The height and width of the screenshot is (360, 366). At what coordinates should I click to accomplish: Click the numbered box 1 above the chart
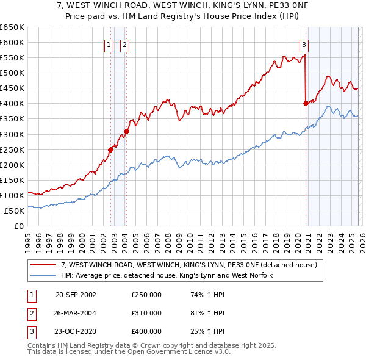(x=109, y=44)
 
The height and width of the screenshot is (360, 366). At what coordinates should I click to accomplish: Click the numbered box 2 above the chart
(x=124, y=44)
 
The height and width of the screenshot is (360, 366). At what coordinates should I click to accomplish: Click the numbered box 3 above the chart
(x=303, y=44)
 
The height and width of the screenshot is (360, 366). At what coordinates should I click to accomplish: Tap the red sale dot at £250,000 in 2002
(x=110, y=149)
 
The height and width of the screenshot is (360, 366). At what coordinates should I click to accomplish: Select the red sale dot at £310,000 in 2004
(x=126, y=131)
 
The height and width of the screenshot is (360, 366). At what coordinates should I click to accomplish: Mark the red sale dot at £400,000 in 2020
(x=306, y=103)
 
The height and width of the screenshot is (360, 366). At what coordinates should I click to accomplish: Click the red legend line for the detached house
(x=44, y=265)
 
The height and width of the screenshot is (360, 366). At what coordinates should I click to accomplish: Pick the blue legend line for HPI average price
(x=44, y=275)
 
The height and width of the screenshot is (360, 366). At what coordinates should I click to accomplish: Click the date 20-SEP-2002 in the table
(x=76, y=295)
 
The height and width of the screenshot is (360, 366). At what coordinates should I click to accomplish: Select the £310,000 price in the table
(x=146, y=313)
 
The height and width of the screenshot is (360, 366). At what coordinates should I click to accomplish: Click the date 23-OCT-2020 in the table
(x=76, y=331)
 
